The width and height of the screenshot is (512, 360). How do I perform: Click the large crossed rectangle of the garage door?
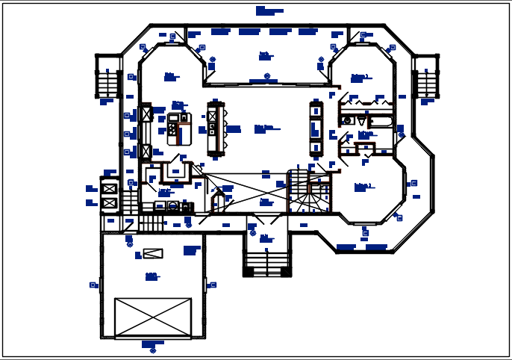[x=153, y=317]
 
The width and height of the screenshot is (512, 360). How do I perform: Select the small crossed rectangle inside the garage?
[x=152, y=253]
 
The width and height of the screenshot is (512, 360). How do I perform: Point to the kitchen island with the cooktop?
[x=179, y=129]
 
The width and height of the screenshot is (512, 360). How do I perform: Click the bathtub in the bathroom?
[x=381, y=121]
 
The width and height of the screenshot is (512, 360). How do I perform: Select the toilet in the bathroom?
[x=362, y=120]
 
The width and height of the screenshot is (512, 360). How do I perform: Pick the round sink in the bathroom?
[x=347, y=120]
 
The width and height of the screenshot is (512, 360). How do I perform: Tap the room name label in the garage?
[x=152, y=276]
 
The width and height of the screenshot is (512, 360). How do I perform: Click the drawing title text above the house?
[x=268, y=10]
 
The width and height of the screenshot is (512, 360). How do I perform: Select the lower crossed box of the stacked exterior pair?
[x=110, y=202]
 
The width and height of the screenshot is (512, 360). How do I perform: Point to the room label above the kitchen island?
[x=178, y=104]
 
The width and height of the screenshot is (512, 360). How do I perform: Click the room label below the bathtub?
[x=365, y=134]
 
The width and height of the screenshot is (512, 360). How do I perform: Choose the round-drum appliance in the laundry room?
[x=172, y=205]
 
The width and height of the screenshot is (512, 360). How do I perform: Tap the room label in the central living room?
[x=264, y=128]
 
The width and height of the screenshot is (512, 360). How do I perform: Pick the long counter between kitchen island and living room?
[x=215, y=128]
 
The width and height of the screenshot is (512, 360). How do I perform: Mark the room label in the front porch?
[x=264, y=238]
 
